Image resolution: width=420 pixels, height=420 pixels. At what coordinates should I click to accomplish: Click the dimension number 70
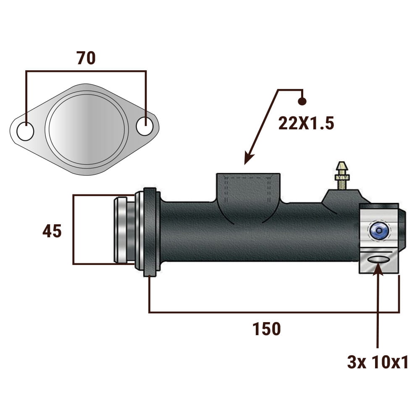(86, 58)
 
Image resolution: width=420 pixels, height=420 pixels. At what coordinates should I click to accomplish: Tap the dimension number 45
(52, 231)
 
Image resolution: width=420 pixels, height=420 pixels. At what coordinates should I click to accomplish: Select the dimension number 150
(267, 329)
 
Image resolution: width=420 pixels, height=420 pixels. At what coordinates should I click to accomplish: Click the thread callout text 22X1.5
(306, 123)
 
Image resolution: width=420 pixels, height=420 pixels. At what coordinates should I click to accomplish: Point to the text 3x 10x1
(378, 362)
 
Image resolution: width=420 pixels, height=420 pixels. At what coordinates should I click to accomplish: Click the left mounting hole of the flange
(25, 132)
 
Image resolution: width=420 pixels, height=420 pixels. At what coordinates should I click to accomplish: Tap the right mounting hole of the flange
(144, 126)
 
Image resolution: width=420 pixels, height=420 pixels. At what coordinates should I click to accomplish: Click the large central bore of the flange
(87, 129)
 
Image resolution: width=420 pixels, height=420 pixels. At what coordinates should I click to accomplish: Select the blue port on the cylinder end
(379, 230)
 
